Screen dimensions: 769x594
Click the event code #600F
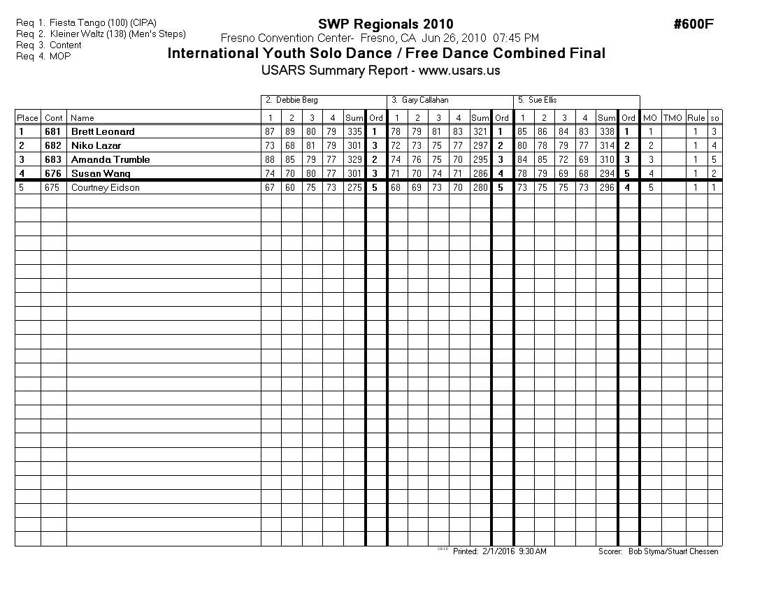pyautogui.click(x=693, y=24)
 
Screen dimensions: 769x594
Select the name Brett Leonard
pyautogui.click(x=103, y=131)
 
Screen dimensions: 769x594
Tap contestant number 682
pyautogui.click(x=53, y=145)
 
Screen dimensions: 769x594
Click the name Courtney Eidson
pyautogui.click(x=105, y=187)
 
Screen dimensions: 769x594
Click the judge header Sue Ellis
pyautogui.click(x=542, y=101)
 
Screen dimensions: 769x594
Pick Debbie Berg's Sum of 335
pyautogui.click(x=354, y=131)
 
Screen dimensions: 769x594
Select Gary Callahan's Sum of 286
pyautogui.click(x=480, y=173)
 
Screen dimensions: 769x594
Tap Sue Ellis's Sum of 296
pyautogui.click(x=606, y=187)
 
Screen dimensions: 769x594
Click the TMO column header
pyautogui.click(x=673, y=118)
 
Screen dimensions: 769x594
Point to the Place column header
pyautogui.click(x=27, y=118)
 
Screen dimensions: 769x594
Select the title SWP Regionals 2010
pyautogui.click(x=385, y=24)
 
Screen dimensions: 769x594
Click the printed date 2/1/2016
pyautogui.click(x=498, y=551)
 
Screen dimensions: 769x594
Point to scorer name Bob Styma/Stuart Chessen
pyautogui.click(x=673, y=551)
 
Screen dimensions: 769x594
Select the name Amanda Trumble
pyautogui.click(x=110, y=159)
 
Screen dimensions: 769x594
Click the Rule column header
pyautogui.click(x=696, y=118)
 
